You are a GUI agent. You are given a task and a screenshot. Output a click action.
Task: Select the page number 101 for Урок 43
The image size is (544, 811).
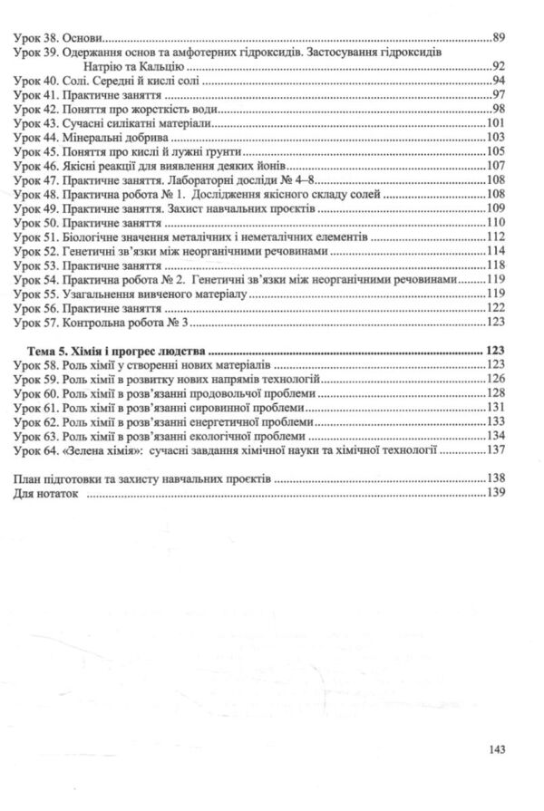click(x=495, y=123)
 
